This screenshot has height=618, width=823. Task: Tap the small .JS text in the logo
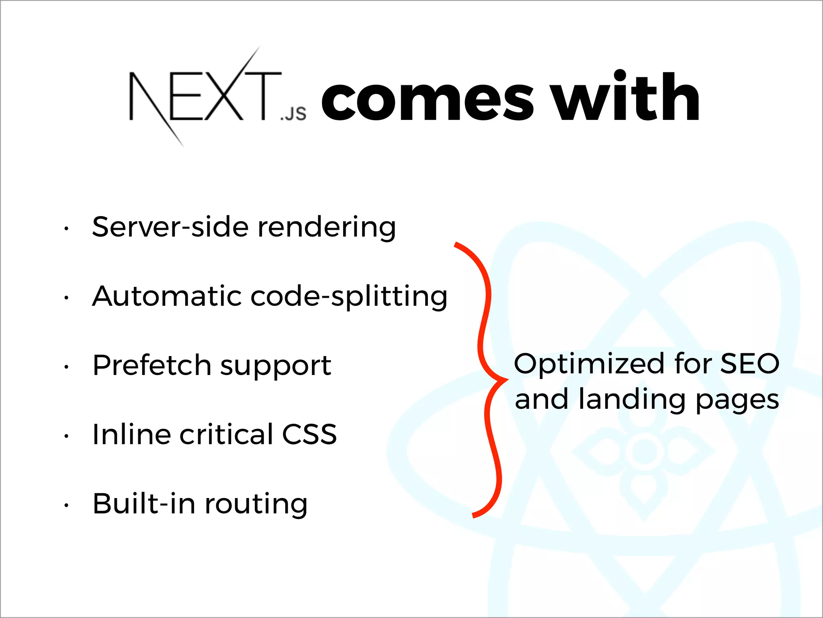coord(293,114)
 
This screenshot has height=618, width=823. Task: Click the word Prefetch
coord(152,365)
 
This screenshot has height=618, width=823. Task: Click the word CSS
coord(309,435)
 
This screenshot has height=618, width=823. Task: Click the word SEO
coord(750,363)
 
